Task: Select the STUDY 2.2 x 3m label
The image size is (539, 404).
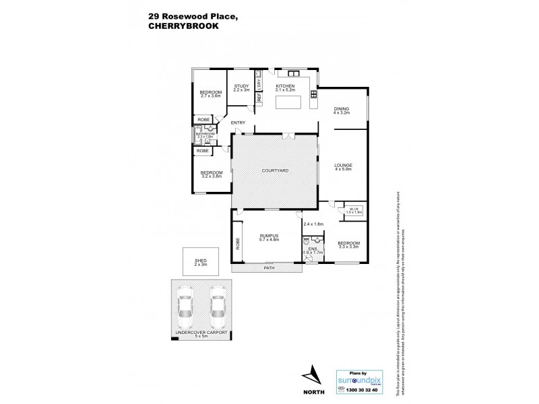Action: click(242, 88)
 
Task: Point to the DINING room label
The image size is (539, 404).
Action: click(343, 110)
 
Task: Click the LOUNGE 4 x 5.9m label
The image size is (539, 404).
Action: click(343, 167)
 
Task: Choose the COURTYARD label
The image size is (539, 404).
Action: click(275, 171)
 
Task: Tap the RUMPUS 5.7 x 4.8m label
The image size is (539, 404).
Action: click(269, 237)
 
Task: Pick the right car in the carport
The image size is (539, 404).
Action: click(217, 305)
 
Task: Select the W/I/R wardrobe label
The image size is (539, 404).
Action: click(352, 209)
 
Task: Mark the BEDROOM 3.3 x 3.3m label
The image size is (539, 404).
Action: click(348, 245)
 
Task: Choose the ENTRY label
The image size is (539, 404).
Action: click(237, 123)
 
